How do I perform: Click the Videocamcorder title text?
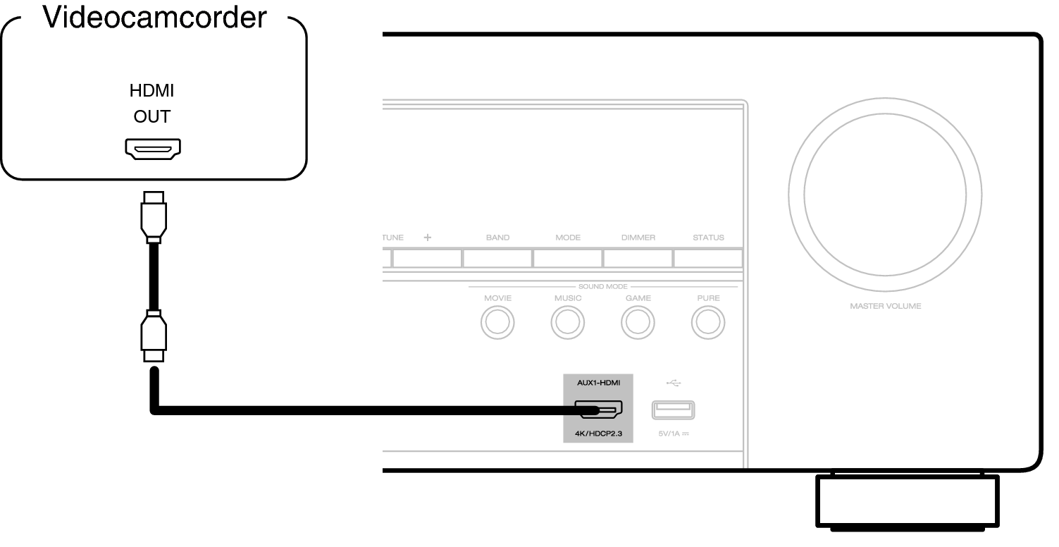tap(155, 17)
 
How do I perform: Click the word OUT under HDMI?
tap(152, 116)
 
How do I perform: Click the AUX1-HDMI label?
tap(597, 383)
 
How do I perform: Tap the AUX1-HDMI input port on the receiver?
tap(598, 410)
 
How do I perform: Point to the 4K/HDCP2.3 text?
tap(598, 433)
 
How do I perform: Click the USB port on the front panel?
tap(673, 410)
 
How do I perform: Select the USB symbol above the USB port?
tap(673, 383)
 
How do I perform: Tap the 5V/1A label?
tap(673, 434)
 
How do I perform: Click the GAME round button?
tap(638, 323)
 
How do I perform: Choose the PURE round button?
tap(708, 323)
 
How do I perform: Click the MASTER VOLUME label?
tap(885, 306)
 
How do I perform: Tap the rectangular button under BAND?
tap(497, 258)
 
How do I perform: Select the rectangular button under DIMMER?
tap(638, 258)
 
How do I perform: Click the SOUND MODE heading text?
tap(603, 287)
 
